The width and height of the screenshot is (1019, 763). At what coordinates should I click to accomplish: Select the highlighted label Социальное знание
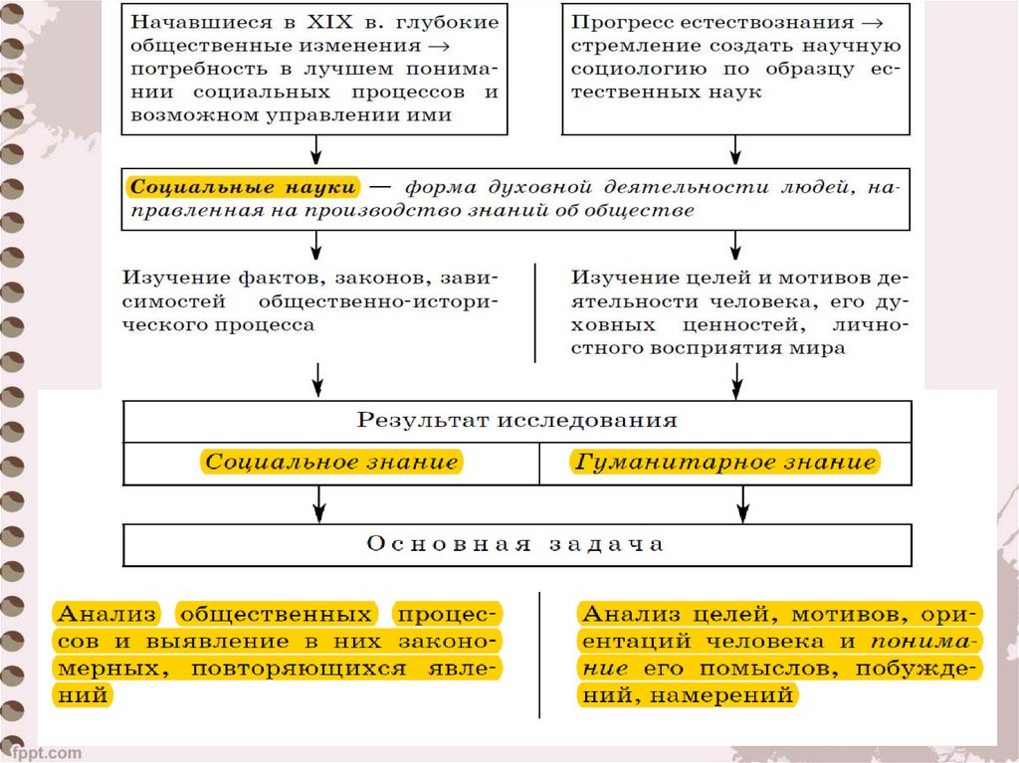coord(331,462)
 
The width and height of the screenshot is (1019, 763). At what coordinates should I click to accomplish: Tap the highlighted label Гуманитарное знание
coord(724,462)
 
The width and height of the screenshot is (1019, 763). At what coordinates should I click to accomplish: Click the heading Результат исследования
coord(516,419)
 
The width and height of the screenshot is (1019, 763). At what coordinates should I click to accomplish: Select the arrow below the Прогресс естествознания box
coord(736,148)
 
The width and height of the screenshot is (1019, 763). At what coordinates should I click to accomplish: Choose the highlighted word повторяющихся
coord(305,668)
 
